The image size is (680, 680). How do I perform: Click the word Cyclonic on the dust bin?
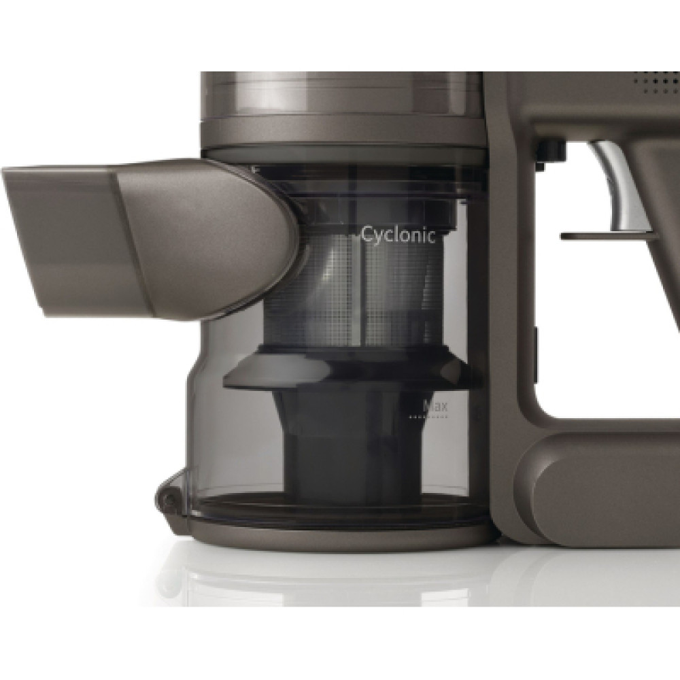(x=398, y=235)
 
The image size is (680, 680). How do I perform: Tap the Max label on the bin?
(x=435, y=407)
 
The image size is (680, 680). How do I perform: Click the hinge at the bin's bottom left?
(x=169, y=498)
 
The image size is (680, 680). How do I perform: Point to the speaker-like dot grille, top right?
(x=659, y=82)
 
